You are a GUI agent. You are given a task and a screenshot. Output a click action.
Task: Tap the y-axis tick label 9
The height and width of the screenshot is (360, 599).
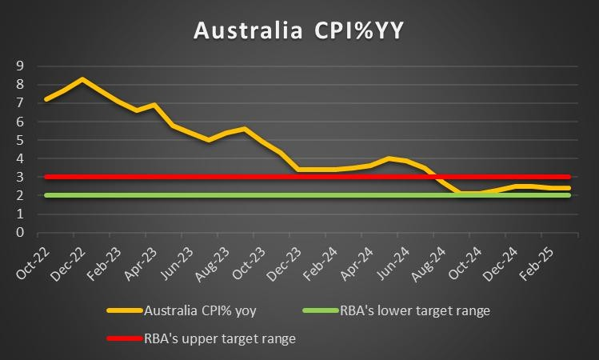[20, 66]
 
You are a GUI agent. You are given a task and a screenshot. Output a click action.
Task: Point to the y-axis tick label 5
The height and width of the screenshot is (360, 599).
[20, 140]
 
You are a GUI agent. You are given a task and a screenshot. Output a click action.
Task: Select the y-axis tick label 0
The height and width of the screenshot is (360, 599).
[20, 233]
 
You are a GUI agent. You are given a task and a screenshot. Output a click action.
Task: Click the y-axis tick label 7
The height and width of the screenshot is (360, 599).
[20, 102]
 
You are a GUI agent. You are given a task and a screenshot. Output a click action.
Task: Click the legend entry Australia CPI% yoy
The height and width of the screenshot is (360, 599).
[195, 310]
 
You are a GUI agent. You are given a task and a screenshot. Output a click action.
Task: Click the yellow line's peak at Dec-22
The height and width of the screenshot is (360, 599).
[82, 79]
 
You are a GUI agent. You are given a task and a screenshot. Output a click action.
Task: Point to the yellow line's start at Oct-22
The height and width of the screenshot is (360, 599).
[46, 99]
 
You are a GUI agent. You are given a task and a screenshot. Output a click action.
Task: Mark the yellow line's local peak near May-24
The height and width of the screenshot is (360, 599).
[389, 158]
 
